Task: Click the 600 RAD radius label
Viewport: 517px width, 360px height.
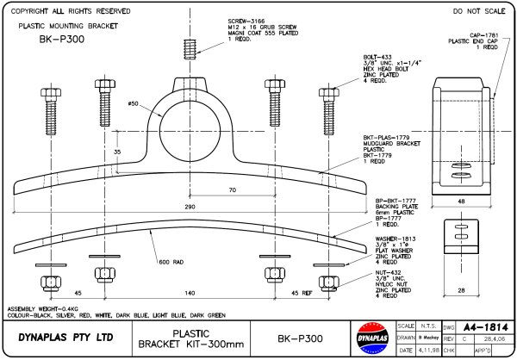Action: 170,262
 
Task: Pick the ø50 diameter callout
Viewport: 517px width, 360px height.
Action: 133,104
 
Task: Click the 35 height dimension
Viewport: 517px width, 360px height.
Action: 116,151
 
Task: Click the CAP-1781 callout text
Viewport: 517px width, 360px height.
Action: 483,35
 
